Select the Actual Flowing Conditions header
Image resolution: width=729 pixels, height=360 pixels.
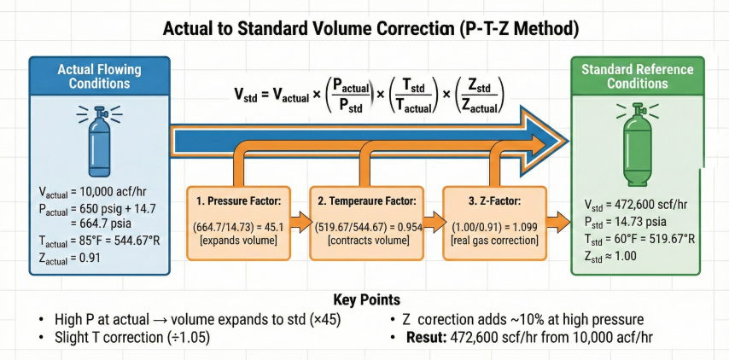pyautogui.click(x=100, y=75)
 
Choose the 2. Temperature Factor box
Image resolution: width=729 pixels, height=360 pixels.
pyautogui.click(x=365, y=222)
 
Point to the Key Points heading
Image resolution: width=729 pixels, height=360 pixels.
pyautogui.click(x=364, y=300)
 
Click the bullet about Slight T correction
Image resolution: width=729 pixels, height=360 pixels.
pyautogui.click(x=119, y=337)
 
